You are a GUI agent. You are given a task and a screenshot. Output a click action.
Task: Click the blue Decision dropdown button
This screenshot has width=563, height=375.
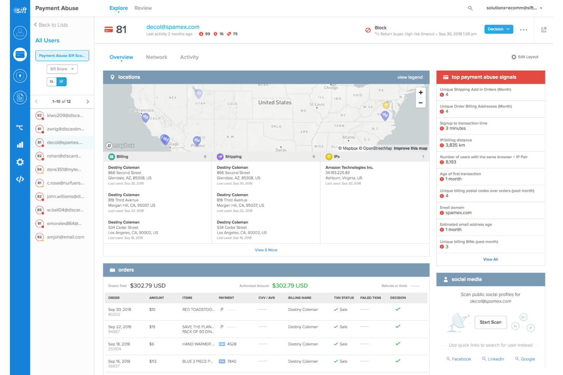pyautogui.click(x=498, y=29)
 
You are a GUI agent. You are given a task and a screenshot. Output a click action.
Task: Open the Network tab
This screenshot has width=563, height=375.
pyautogui.click(x=156, y=57)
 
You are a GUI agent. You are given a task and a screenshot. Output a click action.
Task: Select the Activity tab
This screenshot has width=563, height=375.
pyautogui.click(x=189, y=57)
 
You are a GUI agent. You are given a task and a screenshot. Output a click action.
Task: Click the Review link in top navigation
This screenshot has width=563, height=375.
pyautogui.click(x=143, y=8)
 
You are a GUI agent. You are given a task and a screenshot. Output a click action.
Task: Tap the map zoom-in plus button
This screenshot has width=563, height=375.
pyautogui.click(x=420, y=93)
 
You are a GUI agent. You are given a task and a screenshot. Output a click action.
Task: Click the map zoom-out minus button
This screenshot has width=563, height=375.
pyautogui.click(x=420, y=103)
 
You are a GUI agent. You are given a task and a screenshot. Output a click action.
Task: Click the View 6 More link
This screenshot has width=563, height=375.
pyautogui.click(x=266, y=250)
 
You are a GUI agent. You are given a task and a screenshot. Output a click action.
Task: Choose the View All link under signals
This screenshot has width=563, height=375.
pyautogui.click(x=490, y=259)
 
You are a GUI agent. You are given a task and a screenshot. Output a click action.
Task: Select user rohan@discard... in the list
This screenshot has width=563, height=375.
pyautogui.click(x=64, y=156)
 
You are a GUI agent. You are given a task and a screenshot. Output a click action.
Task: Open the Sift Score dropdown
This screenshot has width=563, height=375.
pyautogui.click(x=62, y=69)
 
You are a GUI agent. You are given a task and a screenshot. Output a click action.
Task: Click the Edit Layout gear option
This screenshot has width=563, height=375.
pyautogui.click(x=525, y=57)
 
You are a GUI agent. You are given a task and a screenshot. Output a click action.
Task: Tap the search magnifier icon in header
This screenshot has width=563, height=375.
pyautogui.click(x=470, y=8)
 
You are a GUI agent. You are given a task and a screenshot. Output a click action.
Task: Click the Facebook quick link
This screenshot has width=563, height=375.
pyautogui.click(x=461, y=359)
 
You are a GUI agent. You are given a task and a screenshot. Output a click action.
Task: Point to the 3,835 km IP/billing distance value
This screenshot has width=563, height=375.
pyautogui.click(x=455, y=146)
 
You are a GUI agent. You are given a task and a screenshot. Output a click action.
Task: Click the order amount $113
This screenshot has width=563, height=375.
pyautogui.click(x=153, y=362)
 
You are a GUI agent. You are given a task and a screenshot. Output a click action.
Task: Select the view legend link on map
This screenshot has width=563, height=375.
pyautogui.click(x=410, y=78)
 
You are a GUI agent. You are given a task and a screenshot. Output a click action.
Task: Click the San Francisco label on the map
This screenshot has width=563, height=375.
pyautogui.click(x=141, y=111)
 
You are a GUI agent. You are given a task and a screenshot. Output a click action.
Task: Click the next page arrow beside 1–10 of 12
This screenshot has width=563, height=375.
pyautogui.click(x=87, y=102)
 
